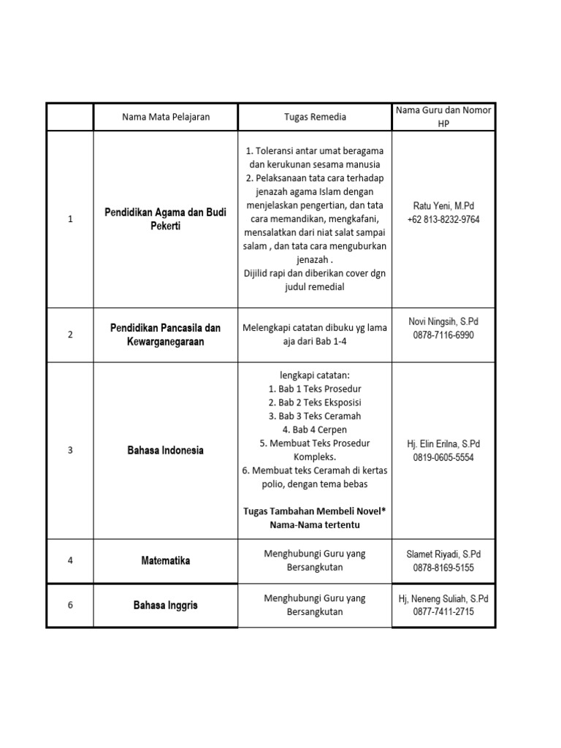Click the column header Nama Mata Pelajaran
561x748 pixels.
click(x=165, y=117)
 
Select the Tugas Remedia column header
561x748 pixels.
click(x=315, y=117)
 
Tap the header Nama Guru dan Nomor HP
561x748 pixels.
click(x=443, y=116)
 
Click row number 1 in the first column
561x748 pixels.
click(x=70, y=219)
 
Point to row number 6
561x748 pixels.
click(x=70, y=605)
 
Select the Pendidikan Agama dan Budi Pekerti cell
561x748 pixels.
click(x=165, y=219)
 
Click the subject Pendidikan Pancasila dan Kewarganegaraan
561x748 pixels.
click(x=165, y=335)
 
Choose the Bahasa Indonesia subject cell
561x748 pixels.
click(x=165, y=450)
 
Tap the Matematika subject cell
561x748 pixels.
click(x=165, y=561)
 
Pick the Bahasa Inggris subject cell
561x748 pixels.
click(x=165, y=606)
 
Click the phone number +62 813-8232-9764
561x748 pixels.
click(x=443, y=220)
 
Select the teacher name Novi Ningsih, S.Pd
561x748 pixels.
click(x=443, y=321)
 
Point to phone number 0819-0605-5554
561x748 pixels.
click(x=443, y=457)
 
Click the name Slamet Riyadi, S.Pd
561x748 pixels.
click(x=443, y=554)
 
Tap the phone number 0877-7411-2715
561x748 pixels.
click(x=443, y=611)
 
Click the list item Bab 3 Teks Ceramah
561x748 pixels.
click(x=315, y=416)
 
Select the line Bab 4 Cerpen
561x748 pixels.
click(x=315, y=430)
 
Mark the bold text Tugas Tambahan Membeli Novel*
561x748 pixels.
click(x=315, y=511)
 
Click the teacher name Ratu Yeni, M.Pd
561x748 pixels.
click(x=443, y=206)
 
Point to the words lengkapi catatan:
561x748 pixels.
click(x=315, y=375)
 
